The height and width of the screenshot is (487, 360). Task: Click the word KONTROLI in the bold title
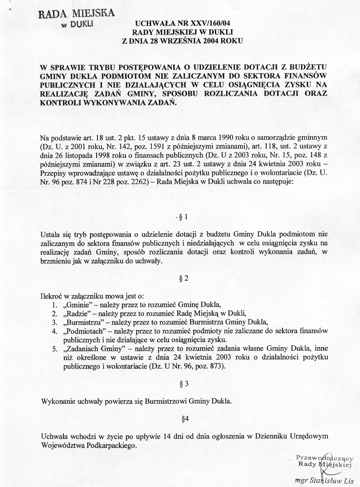57,103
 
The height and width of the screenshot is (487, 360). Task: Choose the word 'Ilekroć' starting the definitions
51,297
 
